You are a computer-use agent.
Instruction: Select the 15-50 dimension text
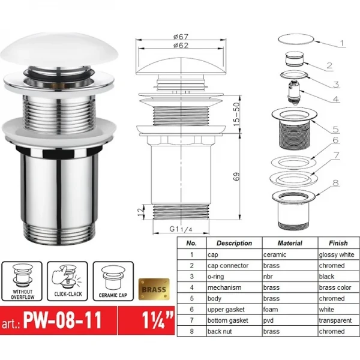[x=238, y=112]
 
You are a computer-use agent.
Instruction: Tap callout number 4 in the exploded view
[x=337, y=99]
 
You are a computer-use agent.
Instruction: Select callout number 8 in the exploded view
[x=335, y=184]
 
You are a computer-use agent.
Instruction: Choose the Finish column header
[x=338, y=244]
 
